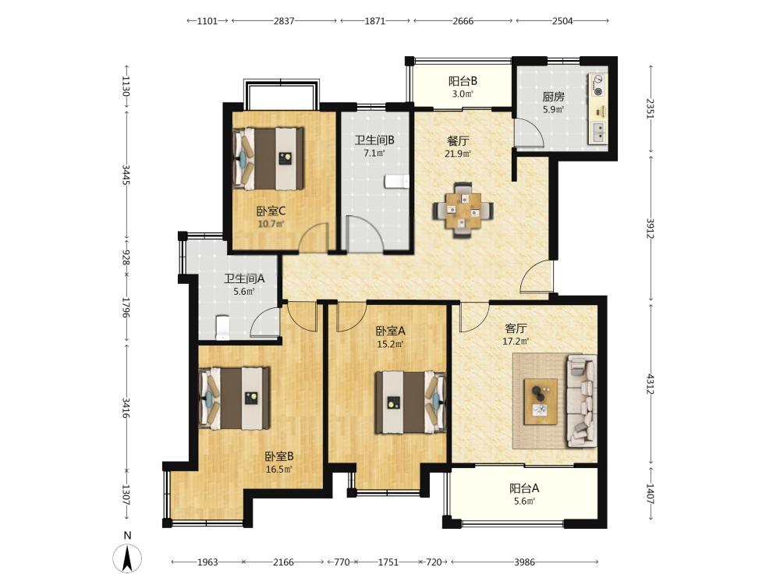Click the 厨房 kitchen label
click(x=553, y=97)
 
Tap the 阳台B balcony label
click(x=463, y=80)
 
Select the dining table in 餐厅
click(x=463, y=211)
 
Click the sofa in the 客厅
click(x=581, y=400)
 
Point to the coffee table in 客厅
click(x=541, y=402)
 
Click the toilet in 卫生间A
click(x=222, y=328)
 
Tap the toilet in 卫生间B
click(x=396, y=181)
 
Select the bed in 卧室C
click(x=268, y=158)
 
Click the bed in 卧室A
click(x=410, y=402)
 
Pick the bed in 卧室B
click(x=234, y=398)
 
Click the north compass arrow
click(x=127, y=558)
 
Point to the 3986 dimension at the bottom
click(x=524, y=562)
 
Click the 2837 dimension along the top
click(x=284, y=21)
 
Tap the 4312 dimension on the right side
click(x=651, y=382)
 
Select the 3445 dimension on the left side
click(x=126, y=175)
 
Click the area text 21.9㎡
click(x=458, y=154)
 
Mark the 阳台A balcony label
click(x=524, y=488)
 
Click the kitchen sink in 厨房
click(x=598, y=132)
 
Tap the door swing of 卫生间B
click(x=364, y=234)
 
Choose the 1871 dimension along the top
click(x=375, y=21)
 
